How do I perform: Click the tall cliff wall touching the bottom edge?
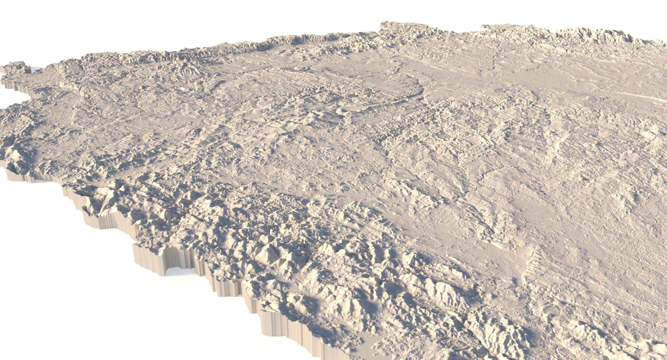pos(283,333)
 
